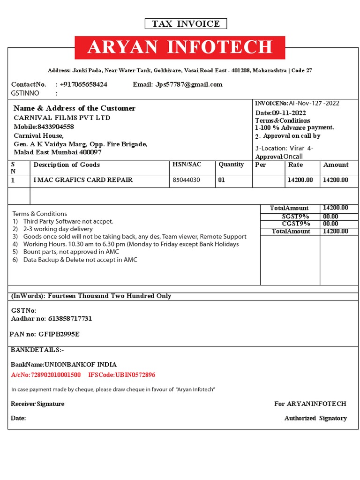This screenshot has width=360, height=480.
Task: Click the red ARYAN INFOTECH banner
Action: pyautogui.click(x=180, y=47)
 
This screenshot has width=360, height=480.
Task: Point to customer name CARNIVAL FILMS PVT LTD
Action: pyautogui.click(x=62, y=118)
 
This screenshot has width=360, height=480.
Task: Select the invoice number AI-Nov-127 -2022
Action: pyautogui.click(x=314, y=103)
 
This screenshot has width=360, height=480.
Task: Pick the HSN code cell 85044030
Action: pyautogui.click(x=186, y=180)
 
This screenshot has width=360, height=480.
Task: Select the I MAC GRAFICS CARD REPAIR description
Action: pyautogui.click(x=83, y=180)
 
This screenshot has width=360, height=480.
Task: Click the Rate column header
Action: pyautogui.click(x=295, y=165)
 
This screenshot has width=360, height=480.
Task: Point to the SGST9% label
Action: pyautogui.click(x=295, y=216)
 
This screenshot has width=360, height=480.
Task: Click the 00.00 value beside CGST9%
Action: pyautogui.click(x=330, y=224)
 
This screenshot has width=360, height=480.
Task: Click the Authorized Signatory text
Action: pyautogui.click(x=315, y=418)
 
